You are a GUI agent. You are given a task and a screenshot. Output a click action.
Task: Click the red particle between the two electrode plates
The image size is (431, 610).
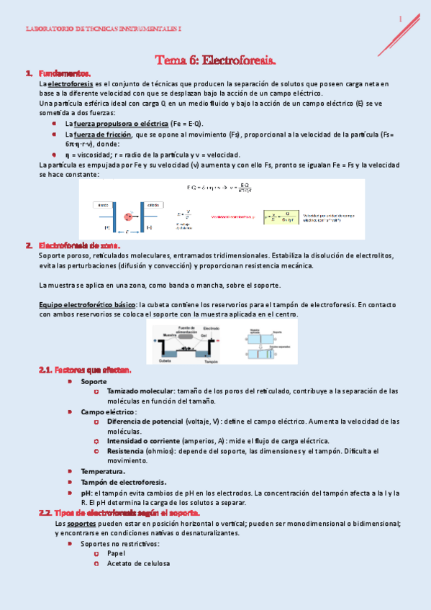pos(129,216)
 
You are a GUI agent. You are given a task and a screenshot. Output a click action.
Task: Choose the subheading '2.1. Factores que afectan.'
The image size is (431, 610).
pos(85,370)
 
